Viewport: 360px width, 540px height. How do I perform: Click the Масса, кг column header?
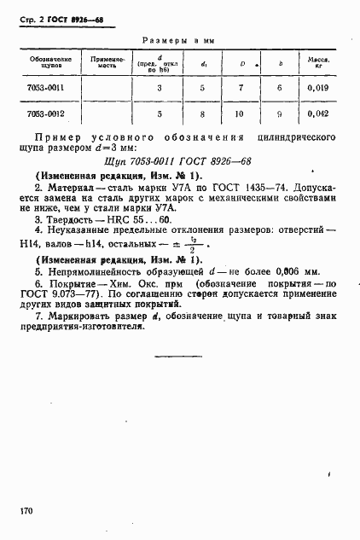point(318,64)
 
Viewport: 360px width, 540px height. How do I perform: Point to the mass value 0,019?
point(318,88)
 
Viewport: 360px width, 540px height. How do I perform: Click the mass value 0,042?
point(318,113)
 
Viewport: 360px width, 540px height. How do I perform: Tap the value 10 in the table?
point(242,113)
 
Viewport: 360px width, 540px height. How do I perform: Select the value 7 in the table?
point(242,88)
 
